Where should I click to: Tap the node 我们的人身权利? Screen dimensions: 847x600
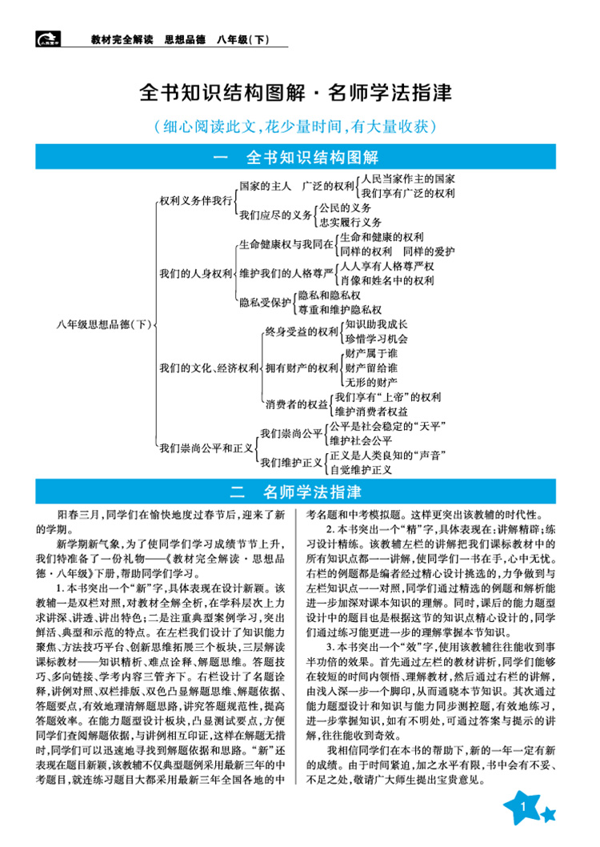click(x=195, y=273)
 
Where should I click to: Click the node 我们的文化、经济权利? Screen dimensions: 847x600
click(x=208, y=367)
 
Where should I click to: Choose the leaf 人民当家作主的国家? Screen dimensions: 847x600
click(x=408, y=179)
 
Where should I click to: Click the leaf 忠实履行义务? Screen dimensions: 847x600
click(x=350, y=222)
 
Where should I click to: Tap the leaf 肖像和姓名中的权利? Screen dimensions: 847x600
click(x=386, y=280)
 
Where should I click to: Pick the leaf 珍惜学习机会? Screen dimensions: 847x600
click(x=376, y=339)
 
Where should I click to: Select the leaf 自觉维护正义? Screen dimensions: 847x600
click(x=360, y=469)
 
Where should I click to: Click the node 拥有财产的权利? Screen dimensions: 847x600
click(x=302, y=367)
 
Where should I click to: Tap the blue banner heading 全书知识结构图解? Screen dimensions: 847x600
click(x=299, y=156)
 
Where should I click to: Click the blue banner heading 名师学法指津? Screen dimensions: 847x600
click(x=299, y=491)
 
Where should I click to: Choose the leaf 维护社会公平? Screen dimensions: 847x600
click(x=360, y=440)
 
